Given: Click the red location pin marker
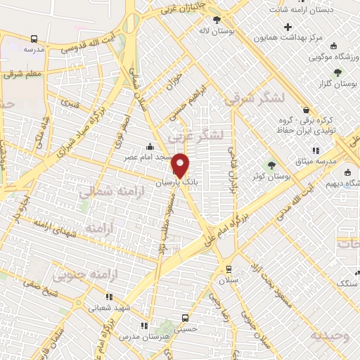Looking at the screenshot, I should (x=181, y=165).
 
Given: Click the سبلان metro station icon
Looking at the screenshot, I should (x=228, y=269).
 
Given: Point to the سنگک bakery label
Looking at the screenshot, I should (x=347, y=283).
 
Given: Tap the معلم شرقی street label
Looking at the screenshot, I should (x=23, y=73).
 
